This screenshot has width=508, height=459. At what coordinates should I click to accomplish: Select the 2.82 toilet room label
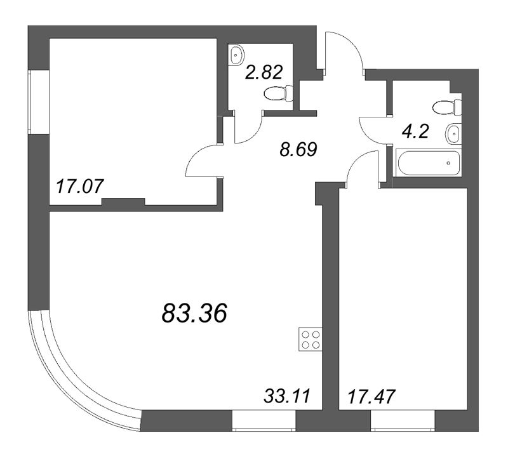pos(263,70)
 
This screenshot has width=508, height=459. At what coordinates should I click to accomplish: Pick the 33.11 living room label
pos(285,398)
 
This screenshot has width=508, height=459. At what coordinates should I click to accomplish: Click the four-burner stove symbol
pos(311,341)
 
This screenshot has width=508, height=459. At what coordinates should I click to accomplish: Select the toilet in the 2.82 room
pos(277,94)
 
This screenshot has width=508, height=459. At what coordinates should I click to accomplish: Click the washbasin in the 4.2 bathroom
pos(452,133)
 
